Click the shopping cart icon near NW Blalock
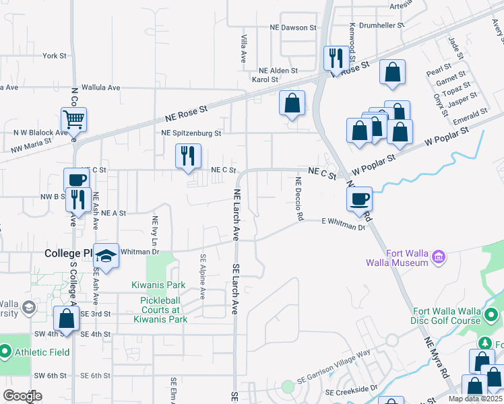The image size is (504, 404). (73, 120)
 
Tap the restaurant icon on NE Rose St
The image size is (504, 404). (336, 57)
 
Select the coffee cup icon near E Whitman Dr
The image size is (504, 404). (359, 198)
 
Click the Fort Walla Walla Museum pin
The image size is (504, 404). (439, 257)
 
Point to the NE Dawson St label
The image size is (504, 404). (292, 28)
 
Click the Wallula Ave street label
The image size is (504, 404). (100, 88)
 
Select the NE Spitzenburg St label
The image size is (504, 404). (191, 133)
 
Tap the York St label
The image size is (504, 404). (55, 56)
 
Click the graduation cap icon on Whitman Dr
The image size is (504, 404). (106, 255)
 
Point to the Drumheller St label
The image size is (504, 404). (381, 26)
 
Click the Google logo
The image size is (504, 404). (22, 396)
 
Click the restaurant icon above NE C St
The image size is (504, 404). (188, 156)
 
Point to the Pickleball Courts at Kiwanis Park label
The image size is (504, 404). (164, 310)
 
